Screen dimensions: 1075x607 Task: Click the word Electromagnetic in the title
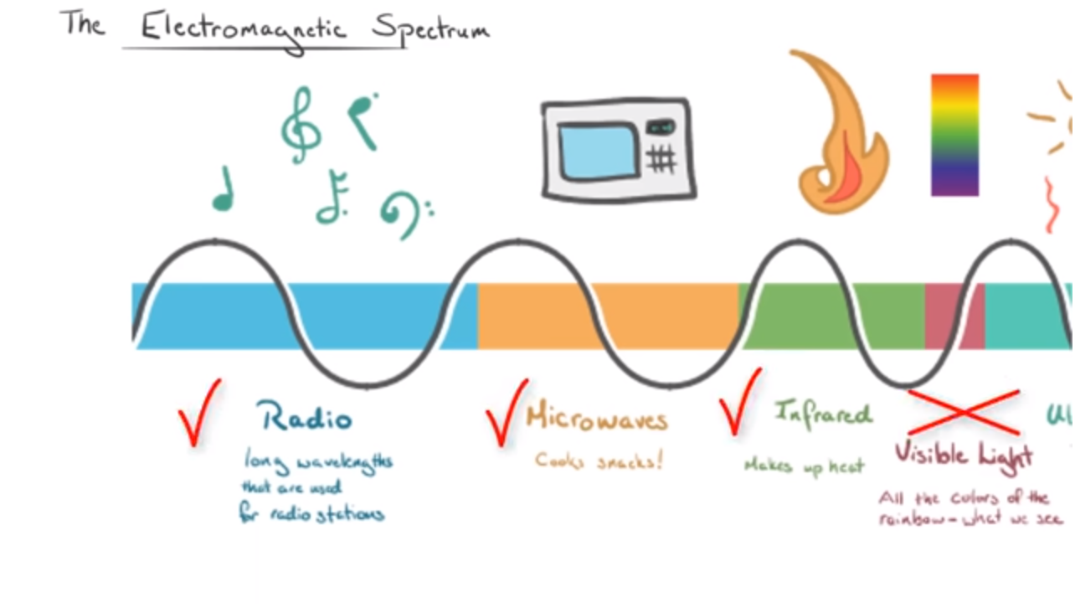pyautogui.click(x=242, y=28)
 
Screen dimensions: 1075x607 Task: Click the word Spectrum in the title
pyautogui.click(x=430, y=30)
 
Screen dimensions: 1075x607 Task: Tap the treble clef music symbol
pyautogui.click(x=300, y=126)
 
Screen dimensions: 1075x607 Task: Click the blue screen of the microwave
pyautogui.click(x=598, y=152)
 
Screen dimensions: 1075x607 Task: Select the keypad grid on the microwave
pyautogui.click(x=661, y=158)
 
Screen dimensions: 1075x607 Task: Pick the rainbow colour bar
pyautogui.click(x=954, y=135)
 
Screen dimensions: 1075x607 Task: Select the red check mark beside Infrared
pyautogui.click(x=739, y=403)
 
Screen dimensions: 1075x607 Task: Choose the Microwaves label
pyautogui.click(x=597, y=418)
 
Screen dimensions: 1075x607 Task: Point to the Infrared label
pyautogui.click(x=823, y=413)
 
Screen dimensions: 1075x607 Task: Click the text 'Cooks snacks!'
pyautogui.click(x=599, y=460)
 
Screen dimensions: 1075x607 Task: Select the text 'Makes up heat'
pyautogui.click(x=804, y=466)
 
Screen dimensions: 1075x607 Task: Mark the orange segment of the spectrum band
pyautogui.click(x=536, y=316)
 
